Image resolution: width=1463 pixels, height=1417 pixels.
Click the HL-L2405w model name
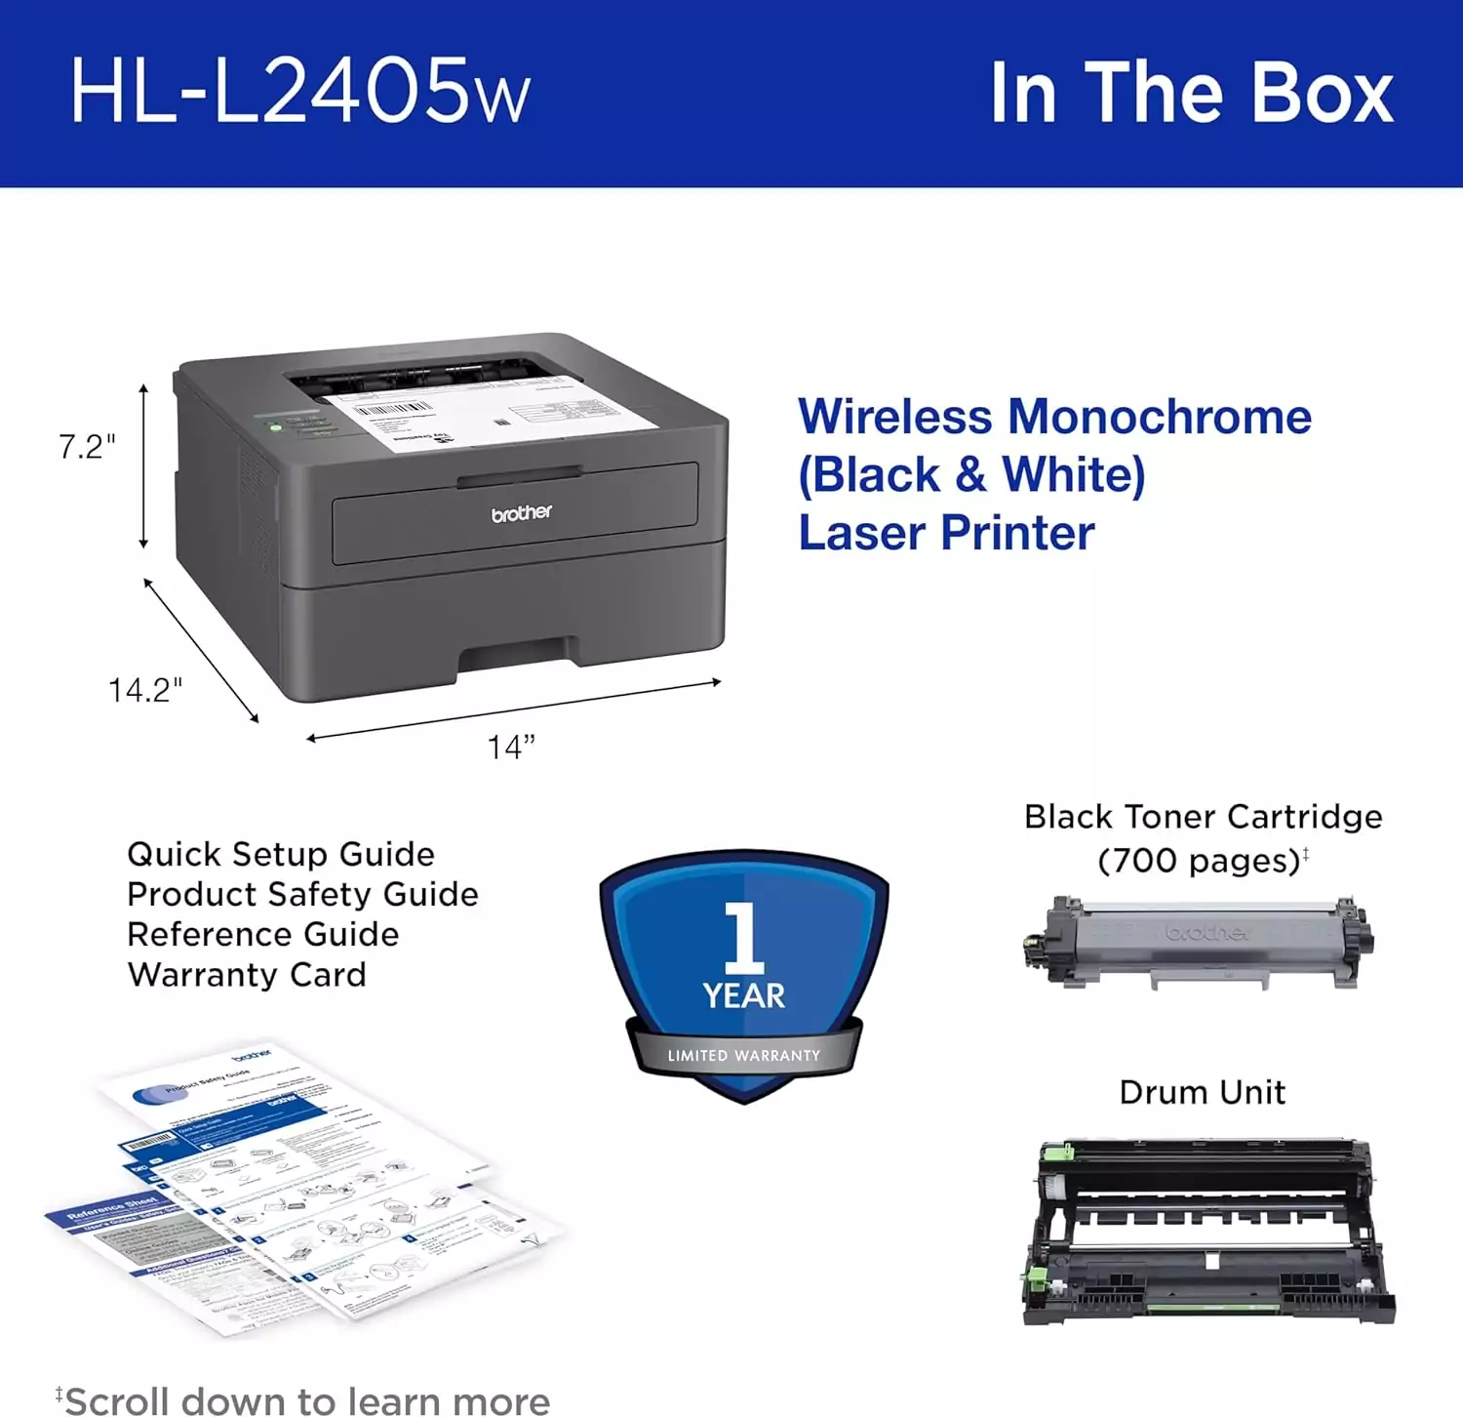(299, 92)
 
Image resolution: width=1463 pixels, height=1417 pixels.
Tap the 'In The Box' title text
(1191, 93)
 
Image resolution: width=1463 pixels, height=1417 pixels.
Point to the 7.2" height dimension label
(87, 447)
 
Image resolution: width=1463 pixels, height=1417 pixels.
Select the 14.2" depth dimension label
(145, 691)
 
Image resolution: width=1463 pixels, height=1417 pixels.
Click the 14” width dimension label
(511, 748)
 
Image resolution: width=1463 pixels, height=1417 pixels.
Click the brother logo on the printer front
(521, 513)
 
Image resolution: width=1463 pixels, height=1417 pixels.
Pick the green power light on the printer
(276, 426)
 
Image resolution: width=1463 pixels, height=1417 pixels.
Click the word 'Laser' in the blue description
(863, 533)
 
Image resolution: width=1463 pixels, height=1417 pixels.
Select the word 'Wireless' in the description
(895, 417)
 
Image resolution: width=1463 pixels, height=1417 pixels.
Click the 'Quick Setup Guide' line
(281, 854)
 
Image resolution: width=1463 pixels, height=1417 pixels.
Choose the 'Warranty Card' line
(247, 975)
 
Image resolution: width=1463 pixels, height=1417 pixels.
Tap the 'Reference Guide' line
(263, 935)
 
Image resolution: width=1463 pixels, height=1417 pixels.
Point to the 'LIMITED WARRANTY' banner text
(743, 1055)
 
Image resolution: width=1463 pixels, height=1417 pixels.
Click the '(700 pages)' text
(1199, 861)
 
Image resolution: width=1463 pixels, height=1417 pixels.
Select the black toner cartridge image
(1198, 943)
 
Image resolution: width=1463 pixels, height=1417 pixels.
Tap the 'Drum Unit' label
(1202, 1092)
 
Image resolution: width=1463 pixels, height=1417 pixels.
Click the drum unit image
(1207, 1232)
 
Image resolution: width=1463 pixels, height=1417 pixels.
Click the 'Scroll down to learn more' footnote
(306, 1400)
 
